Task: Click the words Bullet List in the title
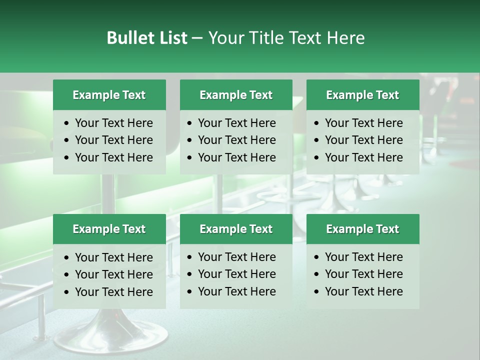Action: pos(147,38)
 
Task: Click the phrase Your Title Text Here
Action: pos(286,38)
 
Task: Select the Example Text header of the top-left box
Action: pos(109,95)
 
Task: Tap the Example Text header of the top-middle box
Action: pos(236,95)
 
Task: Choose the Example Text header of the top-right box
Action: pos(362,95)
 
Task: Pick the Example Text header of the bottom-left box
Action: pos(109,229)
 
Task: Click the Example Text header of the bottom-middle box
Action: pos(236,229)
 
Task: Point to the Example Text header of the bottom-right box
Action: pos(362,229)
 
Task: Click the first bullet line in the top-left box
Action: pos(113,123)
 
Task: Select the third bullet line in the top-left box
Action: pos(113,157)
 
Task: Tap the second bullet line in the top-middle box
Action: pos(236,140)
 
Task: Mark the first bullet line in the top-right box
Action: pos(363,123)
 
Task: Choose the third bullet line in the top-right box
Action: pos(363,157)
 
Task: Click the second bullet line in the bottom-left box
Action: pos(113,274)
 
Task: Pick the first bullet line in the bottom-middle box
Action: pos(236,257)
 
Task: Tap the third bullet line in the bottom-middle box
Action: pos(236,291)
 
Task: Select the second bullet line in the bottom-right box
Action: pos(363,274)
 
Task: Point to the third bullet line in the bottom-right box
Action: pos(363,291)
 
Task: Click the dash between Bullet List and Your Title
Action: pos(197,38)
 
